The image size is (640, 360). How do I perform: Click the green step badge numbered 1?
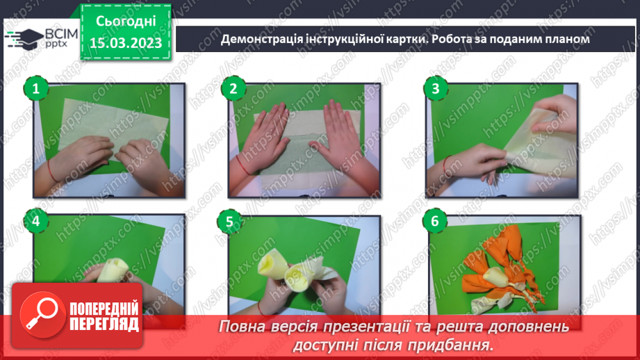click(35, 88)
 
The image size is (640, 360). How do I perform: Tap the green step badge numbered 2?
click(233, 88)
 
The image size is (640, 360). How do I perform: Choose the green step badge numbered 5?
click(227, 222)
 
